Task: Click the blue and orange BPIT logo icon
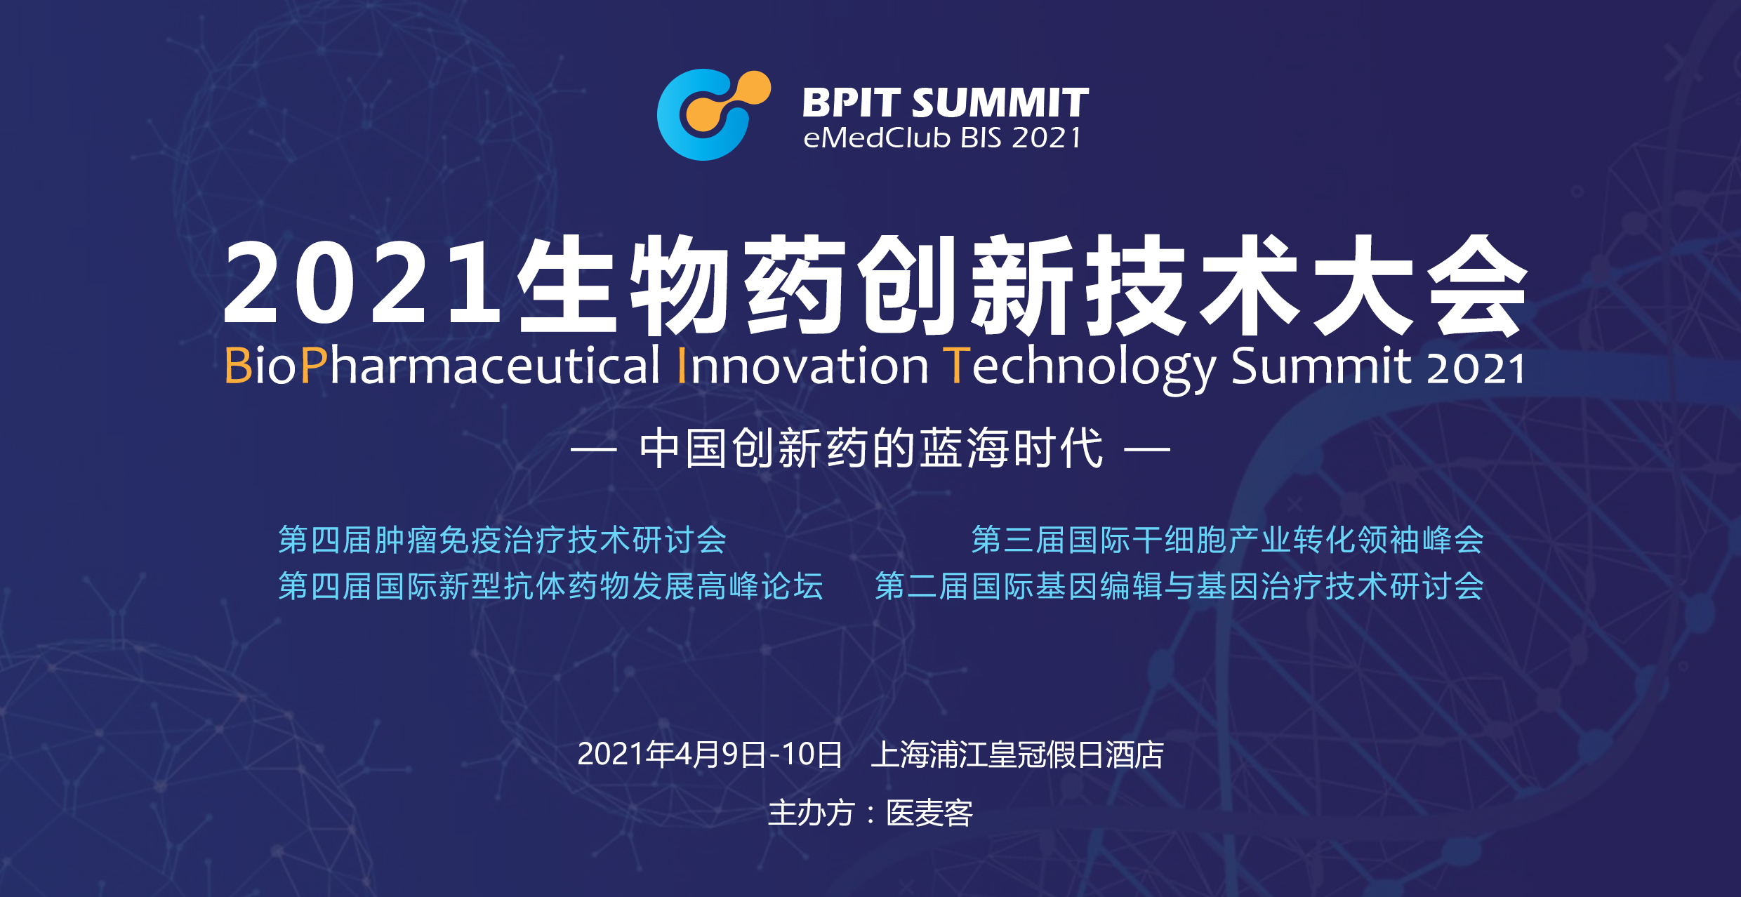(x=713, y=114)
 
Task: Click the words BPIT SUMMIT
(x=946, y=102)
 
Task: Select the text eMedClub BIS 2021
(x=942, y=138)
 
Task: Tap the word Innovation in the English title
(x=802, y=365)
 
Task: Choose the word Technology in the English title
(x=1081, y=368)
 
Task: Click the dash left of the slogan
(x=593, y=448)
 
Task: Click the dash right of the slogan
(x=1147, y=448)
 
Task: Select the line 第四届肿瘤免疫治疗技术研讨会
(x=503, y=540)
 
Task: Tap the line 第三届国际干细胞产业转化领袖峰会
(x=1228, y=540)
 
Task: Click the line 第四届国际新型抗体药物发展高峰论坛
(x=551, y=586)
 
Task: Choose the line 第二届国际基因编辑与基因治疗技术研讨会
(x=1179, y=586)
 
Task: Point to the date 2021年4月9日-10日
(x=710, y=755)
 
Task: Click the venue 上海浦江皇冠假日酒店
(x=1017, y=755)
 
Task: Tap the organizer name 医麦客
(x=929, y=813)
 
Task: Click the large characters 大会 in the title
(x=1419, y=284)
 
